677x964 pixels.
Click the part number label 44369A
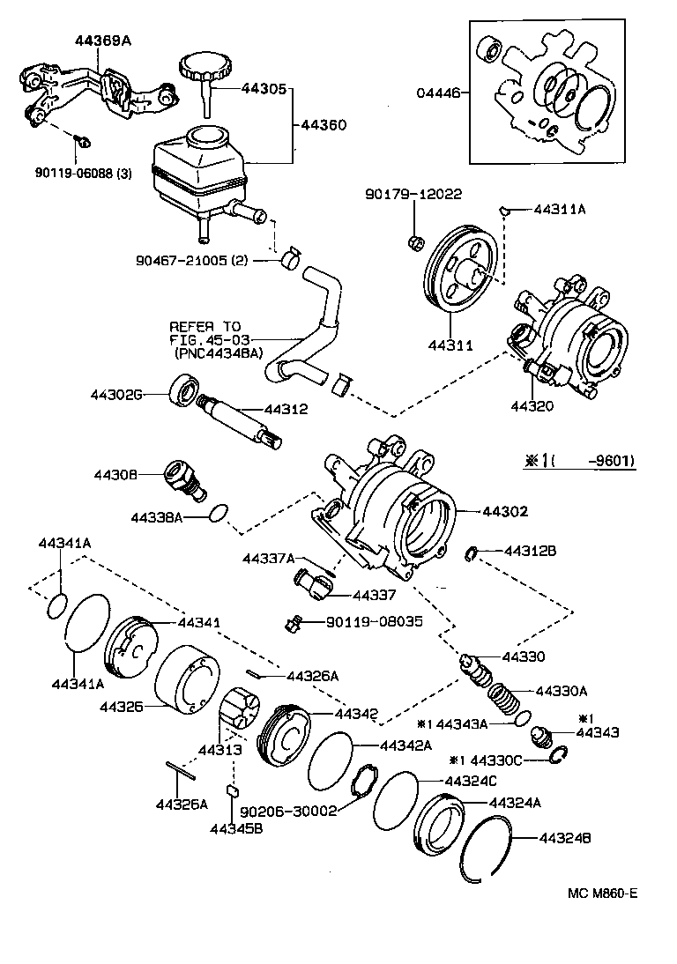99,41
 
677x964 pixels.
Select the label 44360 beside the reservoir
324,125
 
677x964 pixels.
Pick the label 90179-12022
415,194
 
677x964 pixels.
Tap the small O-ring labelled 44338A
220,512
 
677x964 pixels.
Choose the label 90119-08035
375,621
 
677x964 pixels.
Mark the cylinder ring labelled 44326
185,679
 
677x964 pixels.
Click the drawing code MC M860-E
602,893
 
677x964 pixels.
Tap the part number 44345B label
231,827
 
